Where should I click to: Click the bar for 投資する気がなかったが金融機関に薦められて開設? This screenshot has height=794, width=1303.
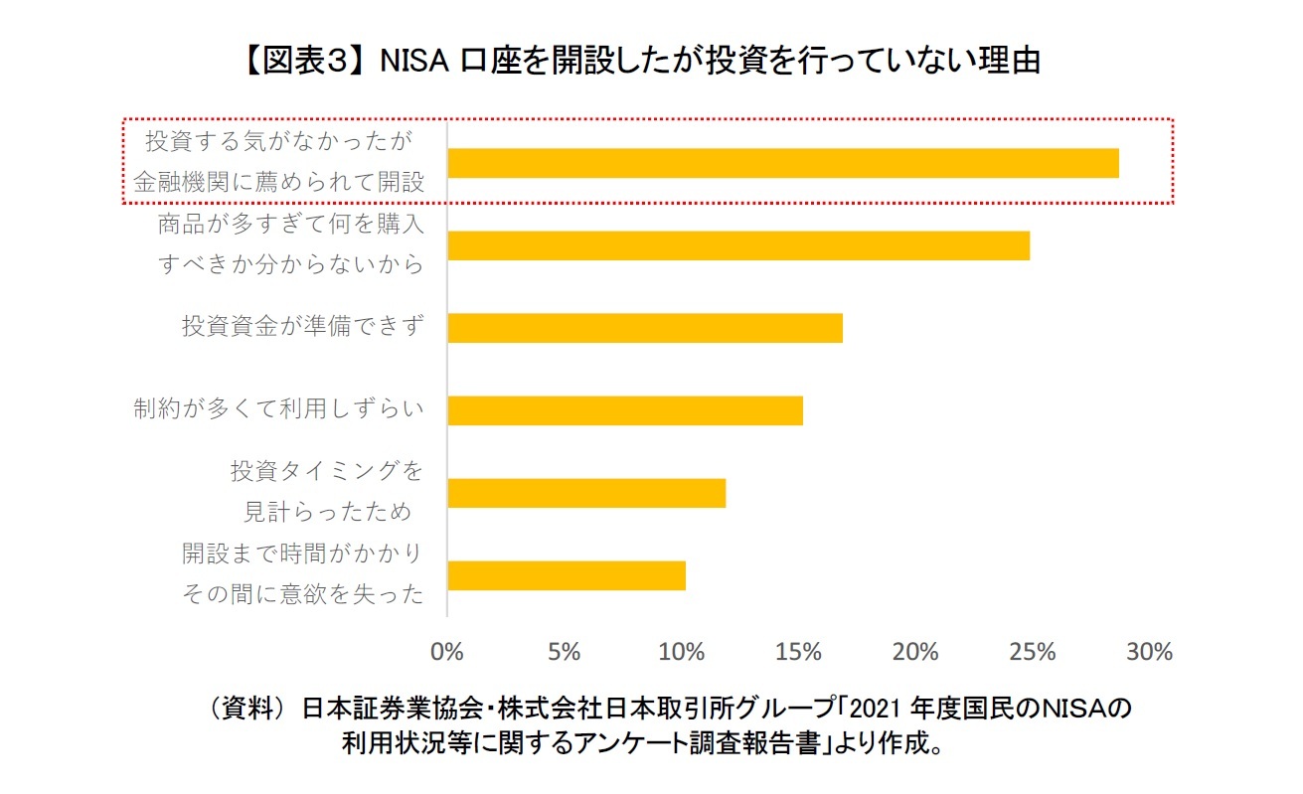(x=783, y=163)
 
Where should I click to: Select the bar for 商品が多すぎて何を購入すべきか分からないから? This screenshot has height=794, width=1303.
(x=738, y=245)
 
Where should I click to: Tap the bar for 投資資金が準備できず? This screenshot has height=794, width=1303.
(x=645, y=328)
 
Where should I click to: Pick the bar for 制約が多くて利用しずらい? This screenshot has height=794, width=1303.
(x=625, y=410)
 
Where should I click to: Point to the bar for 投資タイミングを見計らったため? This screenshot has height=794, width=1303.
(x=586, y=493)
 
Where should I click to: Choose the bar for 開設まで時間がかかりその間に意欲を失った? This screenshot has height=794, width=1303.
(x=567, y=575)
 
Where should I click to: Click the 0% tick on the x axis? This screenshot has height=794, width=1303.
(x=447, y=652)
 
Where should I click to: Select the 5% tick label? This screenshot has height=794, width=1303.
(x=564, y=652)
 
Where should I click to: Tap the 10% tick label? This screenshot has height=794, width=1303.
(x=681, y=652)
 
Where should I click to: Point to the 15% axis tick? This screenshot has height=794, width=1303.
(x=798, y=652)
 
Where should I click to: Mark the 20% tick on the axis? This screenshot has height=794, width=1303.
(x=915, y=652)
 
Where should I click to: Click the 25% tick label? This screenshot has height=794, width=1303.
(x=1033, y=652)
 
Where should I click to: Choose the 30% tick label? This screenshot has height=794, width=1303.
(x=1150, y=652)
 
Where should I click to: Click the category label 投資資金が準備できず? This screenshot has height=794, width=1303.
(x=302, y=325)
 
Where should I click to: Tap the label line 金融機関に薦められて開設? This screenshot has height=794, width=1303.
(x=278, y=183)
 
